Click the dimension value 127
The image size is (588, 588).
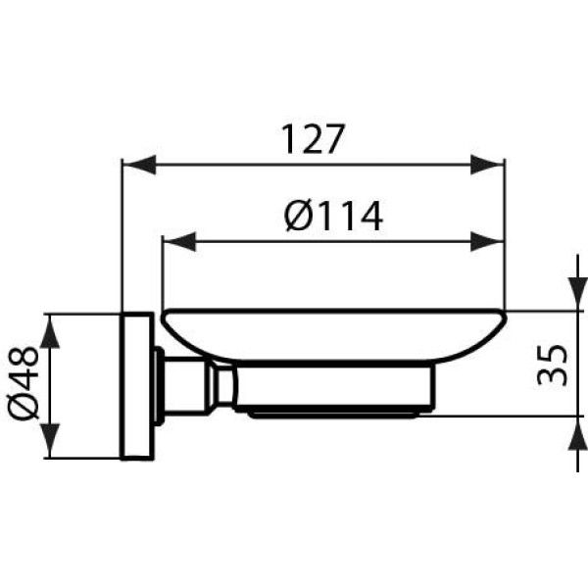point(314,140)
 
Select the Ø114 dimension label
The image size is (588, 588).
point(333,216)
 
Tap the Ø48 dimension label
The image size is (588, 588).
point(25,384)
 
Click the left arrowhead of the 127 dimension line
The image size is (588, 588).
point(137,165)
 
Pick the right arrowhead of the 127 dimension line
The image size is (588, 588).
point(488,165)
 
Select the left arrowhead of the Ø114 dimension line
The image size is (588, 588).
point(178,241)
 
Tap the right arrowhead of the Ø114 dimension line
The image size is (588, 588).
point(488,241)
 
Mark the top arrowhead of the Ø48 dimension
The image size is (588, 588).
point(51,331)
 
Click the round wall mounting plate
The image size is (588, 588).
point(136,386)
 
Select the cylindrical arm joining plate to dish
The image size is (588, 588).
point(184,384)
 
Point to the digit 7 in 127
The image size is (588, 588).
point(335,140)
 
